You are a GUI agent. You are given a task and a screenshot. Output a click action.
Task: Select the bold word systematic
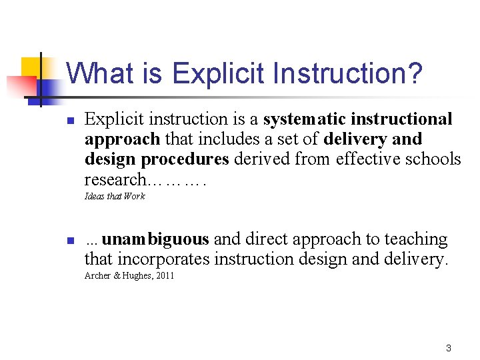305,119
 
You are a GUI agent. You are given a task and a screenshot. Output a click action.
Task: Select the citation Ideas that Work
115,196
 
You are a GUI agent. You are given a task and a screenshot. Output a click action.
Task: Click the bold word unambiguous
156,239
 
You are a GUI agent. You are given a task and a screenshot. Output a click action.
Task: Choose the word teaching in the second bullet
417,239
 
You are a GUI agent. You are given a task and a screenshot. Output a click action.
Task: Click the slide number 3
448,348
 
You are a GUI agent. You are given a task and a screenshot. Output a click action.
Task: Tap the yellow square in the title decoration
31,67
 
